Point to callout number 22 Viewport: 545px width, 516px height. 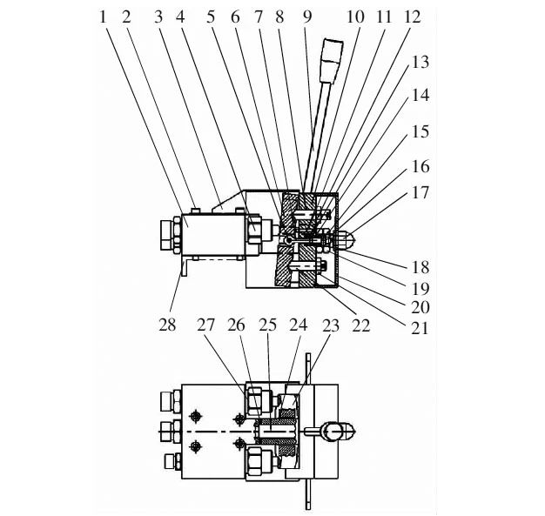coord(360,325)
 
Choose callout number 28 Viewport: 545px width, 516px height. coord(167,325)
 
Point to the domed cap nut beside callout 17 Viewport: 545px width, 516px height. coord(347,238)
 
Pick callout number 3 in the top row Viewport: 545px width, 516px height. coord(158,17)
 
